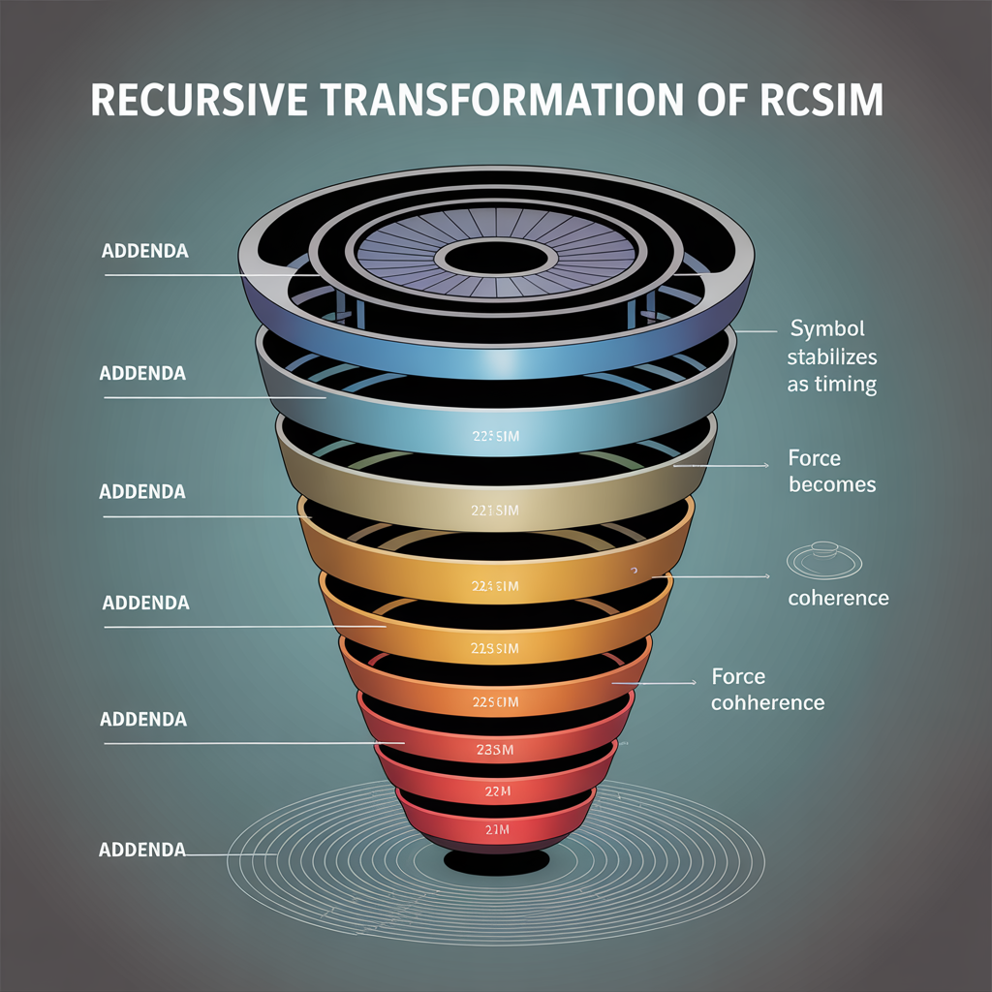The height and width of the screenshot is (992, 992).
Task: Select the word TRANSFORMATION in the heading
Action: (x=484, y=102)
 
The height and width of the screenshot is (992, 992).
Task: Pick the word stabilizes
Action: (x=832, y=356)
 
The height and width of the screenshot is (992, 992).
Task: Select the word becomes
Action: (x=832, y=484)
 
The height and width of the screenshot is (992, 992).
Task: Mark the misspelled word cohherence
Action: (x=767, y=702)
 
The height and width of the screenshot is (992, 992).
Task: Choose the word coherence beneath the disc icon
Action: (x=838, y=598)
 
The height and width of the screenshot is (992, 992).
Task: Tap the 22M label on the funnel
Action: (x=496, y=792)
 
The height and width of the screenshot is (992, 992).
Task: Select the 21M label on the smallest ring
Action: (x=496, y=830)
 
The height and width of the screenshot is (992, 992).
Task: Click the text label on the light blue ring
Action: (x=495, y=437)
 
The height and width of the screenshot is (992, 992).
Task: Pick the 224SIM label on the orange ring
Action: (x=495, y=586)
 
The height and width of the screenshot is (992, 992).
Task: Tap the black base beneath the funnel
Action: (x=496, y=862)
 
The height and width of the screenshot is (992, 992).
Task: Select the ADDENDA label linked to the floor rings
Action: (x=141, y=850)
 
